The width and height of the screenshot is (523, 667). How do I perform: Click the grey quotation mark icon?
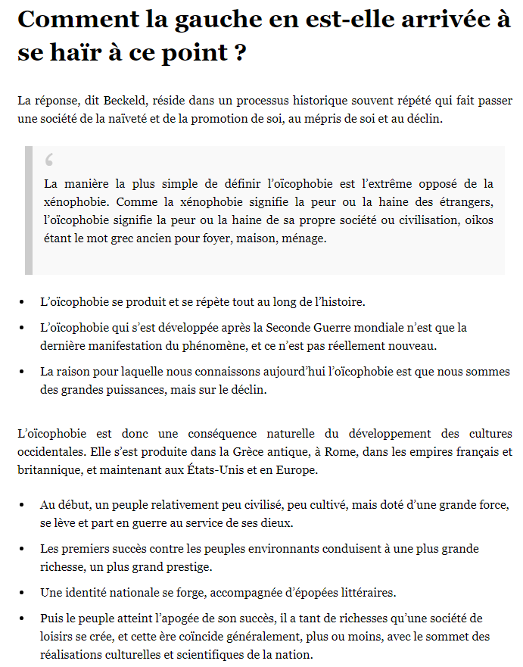50,160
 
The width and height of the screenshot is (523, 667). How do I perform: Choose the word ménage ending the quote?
306,238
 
